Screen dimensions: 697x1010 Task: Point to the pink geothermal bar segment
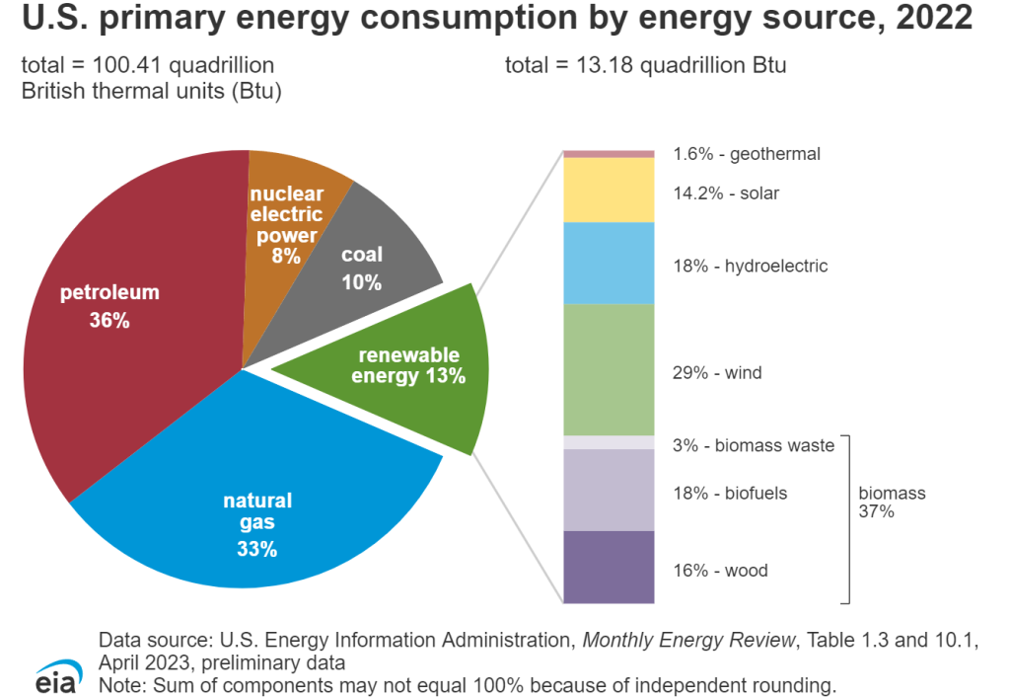[609, 154]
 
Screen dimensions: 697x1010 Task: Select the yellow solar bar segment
[609, 190]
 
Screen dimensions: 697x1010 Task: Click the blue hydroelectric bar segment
[609, 263]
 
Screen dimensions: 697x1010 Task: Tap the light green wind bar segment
[609, 369]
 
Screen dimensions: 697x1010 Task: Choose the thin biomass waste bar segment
[609, 442]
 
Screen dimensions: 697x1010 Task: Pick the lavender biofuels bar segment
[609, 490]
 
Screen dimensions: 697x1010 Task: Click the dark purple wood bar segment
[609, 567]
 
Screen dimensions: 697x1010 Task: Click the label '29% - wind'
[717, 373]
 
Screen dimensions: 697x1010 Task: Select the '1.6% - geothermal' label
[747, 154]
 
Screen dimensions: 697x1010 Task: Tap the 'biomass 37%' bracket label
[892, 503]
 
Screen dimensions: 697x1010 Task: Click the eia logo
[53, 671]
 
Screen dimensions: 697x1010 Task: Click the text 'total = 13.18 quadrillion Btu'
[645, 66]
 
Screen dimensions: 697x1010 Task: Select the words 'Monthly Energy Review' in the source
[687, 641]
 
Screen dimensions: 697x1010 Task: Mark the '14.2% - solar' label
[726, 194]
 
